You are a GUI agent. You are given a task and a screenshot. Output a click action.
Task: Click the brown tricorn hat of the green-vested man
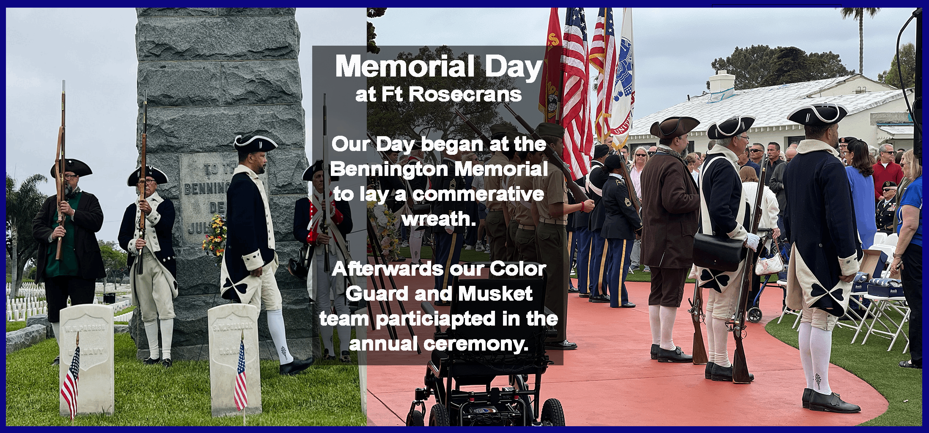click(70, 168)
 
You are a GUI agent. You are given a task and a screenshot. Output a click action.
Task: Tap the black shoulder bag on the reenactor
click(718, 251)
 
